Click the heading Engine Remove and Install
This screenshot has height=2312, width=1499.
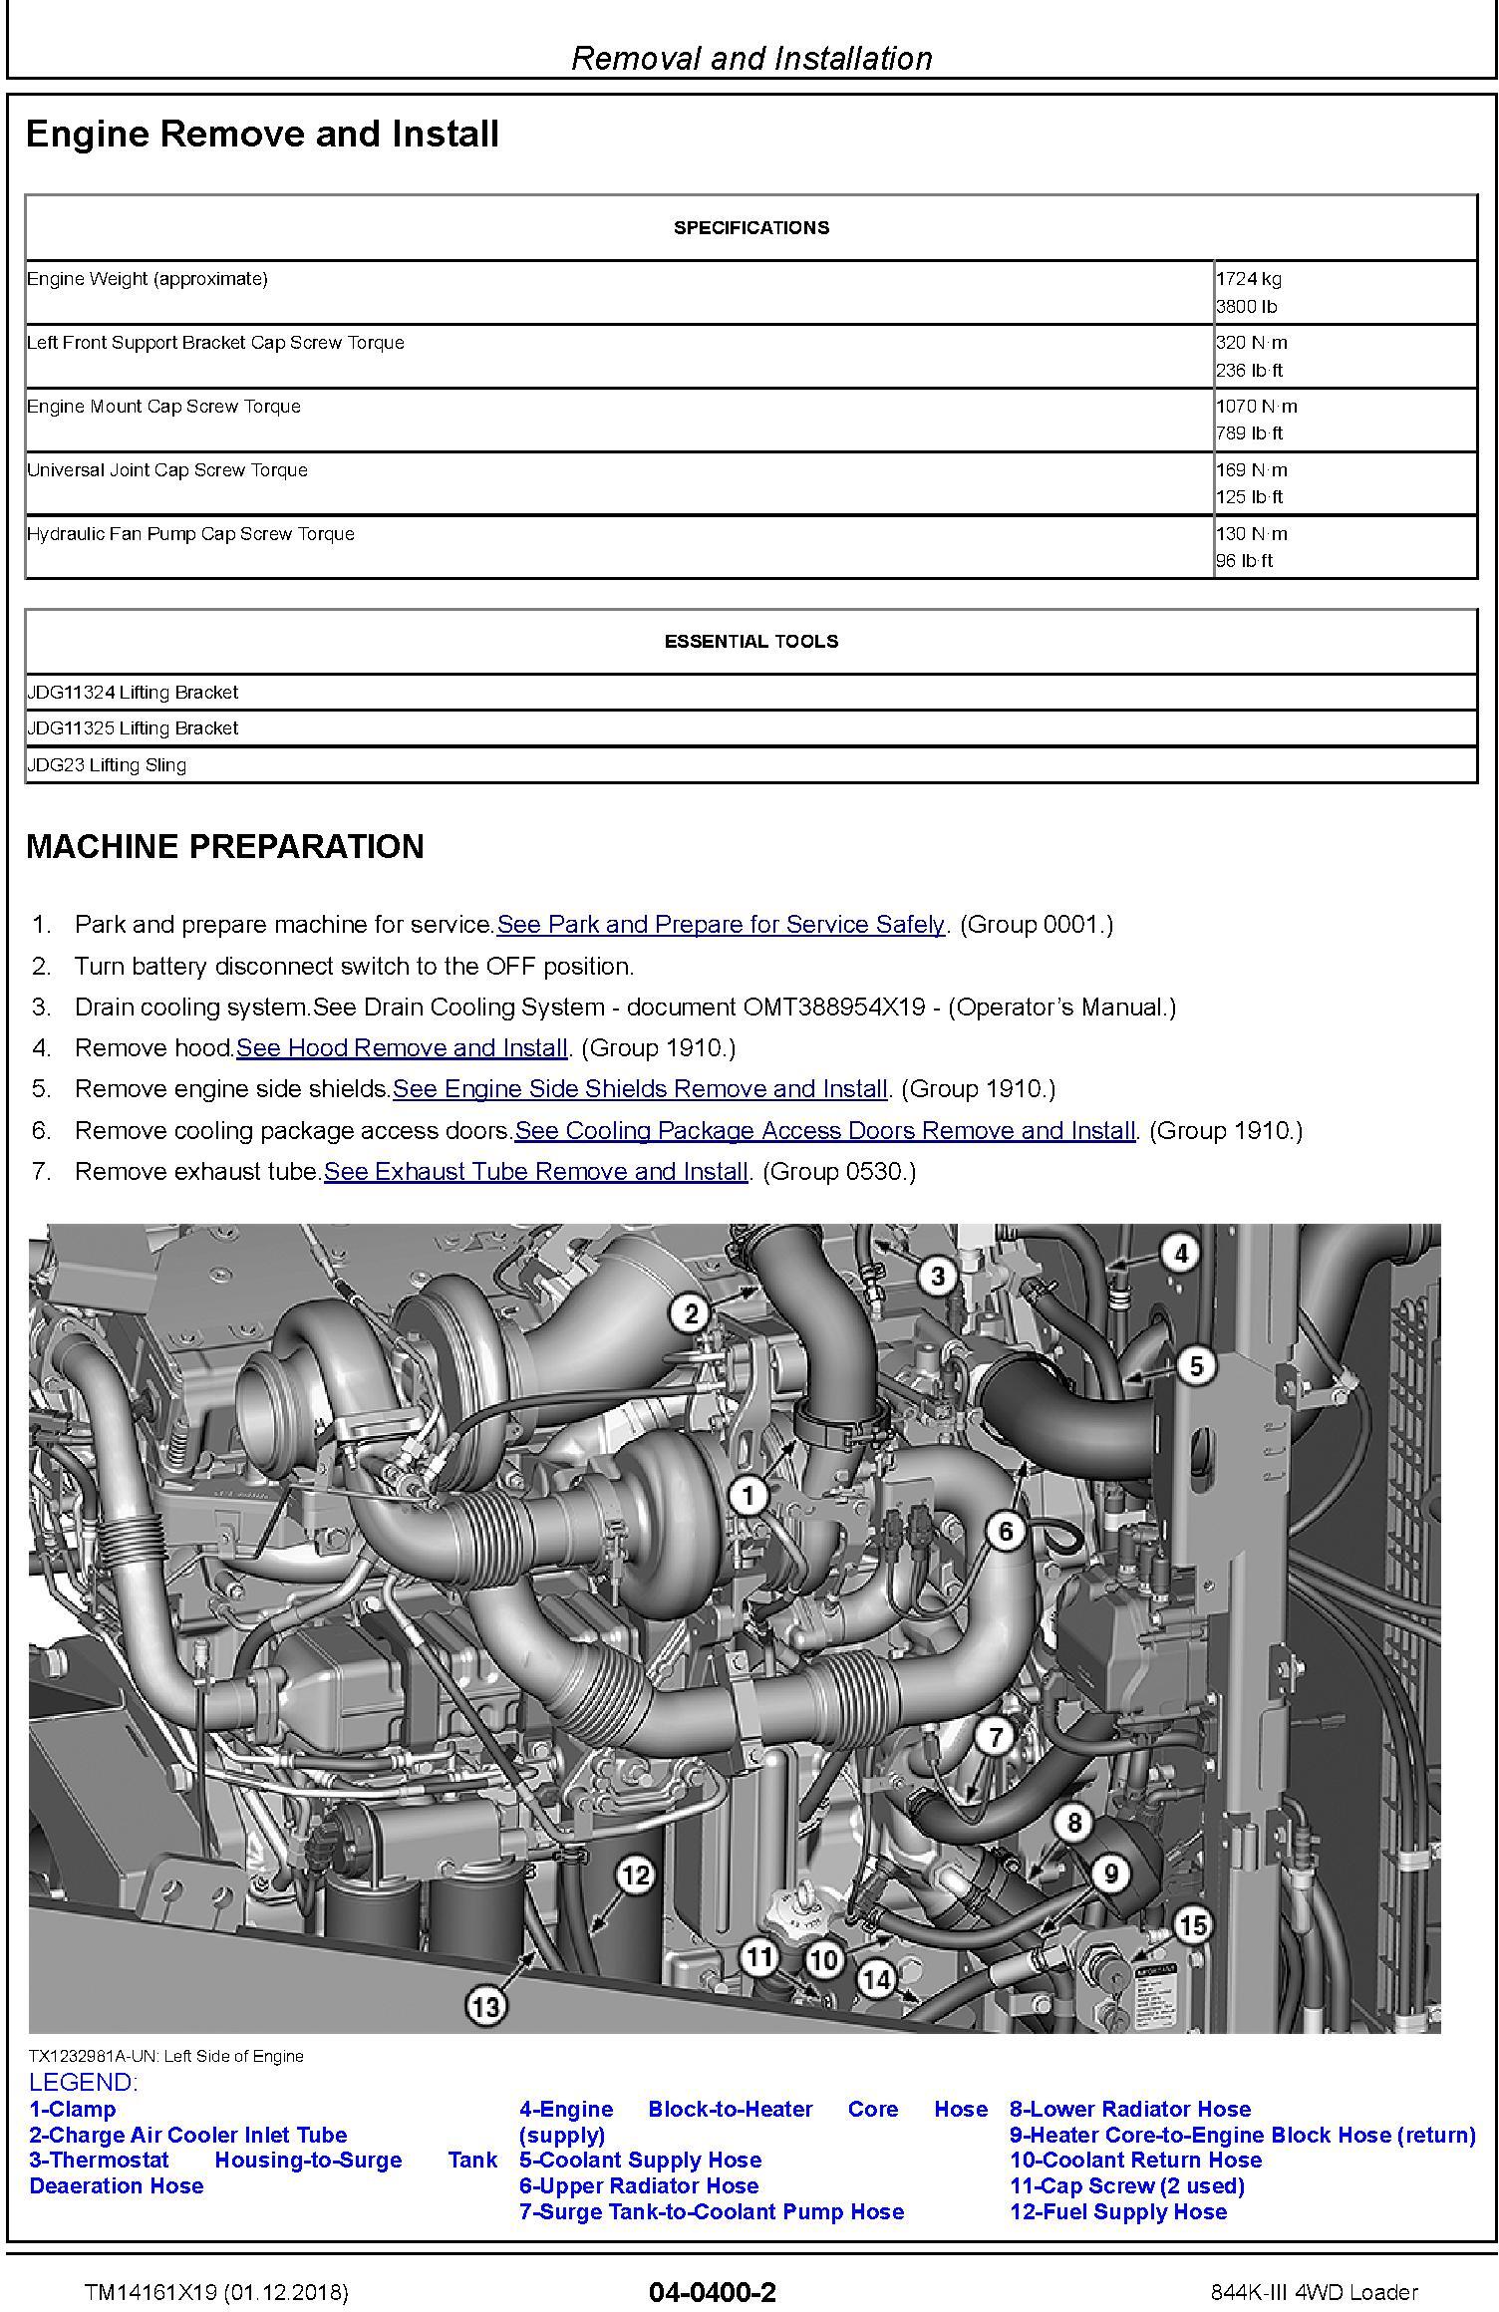point(262,135)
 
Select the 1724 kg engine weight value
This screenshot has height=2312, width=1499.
point(1248,279)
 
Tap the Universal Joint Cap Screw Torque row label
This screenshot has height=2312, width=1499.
point(167,470)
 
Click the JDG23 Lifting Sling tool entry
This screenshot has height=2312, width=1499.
point(107,765)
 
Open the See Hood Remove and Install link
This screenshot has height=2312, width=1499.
point(402,1047)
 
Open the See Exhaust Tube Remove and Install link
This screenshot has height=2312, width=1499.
point(535,1171)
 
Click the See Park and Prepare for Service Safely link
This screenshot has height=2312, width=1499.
point(721,924)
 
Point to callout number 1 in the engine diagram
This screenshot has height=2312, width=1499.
point(749,1494)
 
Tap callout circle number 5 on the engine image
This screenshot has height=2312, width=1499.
point(1196,1366)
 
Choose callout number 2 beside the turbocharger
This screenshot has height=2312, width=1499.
point(692,1313)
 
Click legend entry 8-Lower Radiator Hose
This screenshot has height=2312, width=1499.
point(1130,2110)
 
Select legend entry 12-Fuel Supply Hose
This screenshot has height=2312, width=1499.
point(1118,2212)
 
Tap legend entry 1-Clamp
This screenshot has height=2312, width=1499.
point(73,2110)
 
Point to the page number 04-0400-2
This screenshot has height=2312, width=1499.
point(712,2292)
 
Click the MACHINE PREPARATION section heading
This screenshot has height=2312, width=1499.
point(225,846)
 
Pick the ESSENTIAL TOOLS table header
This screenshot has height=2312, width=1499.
point(751,642)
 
